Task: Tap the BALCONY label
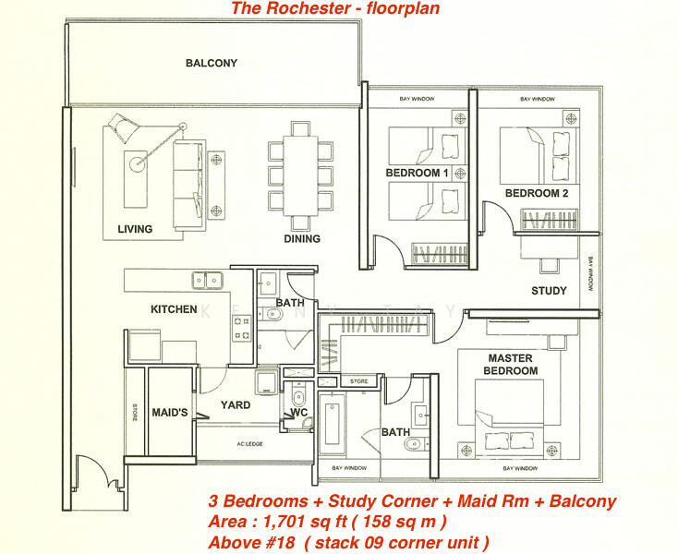coord(212,64)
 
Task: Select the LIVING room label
coord(135,229)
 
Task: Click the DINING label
coord(302,239)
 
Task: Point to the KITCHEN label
coord(174,309)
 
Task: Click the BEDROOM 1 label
coord(417,174)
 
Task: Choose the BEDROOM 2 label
coord(537,193)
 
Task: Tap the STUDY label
coord(549,291)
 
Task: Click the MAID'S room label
coord(170,412)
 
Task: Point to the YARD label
coord(235,404)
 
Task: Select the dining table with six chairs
coord(300,175)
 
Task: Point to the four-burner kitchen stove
coord(242,326)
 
